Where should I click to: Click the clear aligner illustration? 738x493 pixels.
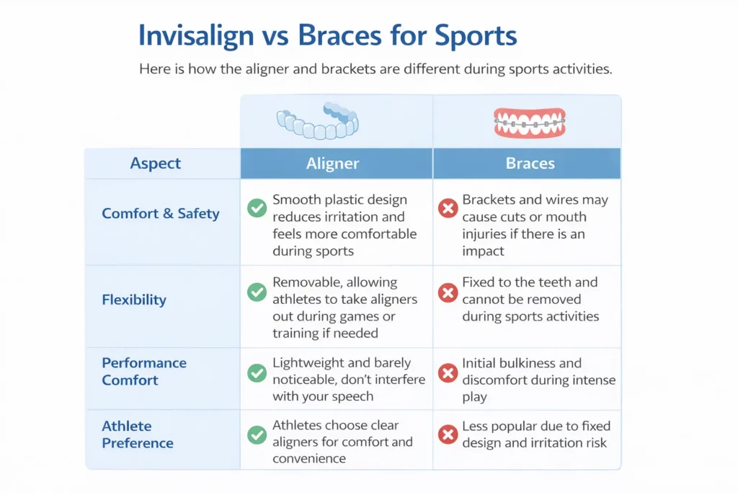click(318, 121)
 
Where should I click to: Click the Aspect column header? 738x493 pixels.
click(156, 163)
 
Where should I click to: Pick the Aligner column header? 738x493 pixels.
click(332, 163)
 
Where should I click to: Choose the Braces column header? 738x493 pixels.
click(530, 163)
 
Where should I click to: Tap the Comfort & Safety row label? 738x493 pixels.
click(160, 214)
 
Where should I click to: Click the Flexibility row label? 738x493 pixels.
click(134, 300)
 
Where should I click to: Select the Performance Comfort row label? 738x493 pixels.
click(143, 371)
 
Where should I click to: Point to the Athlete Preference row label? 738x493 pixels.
click(137, 434)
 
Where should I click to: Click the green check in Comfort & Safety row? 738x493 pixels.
click(257, 209)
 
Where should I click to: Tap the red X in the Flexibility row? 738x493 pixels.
click(448, 292)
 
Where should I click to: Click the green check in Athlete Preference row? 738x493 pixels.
click(257, 435)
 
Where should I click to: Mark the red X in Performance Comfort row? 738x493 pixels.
click(448, 372)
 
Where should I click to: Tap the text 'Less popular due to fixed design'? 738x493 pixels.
click(534, 435)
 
